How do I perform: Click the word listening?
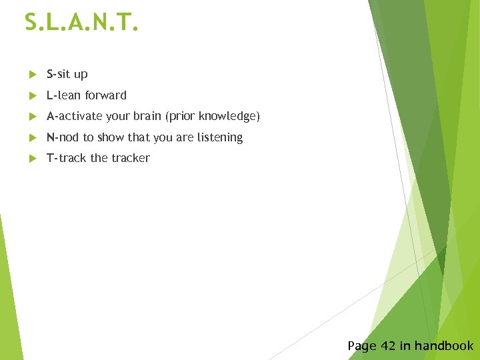220,138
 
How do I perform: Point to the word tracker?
130,158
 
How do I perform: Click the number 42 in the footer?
388,346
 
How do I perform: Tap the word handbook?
444,346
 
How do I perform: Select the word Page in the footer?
362,346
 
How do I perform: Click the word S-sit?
59,74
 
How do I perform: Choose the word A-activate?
74,117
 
